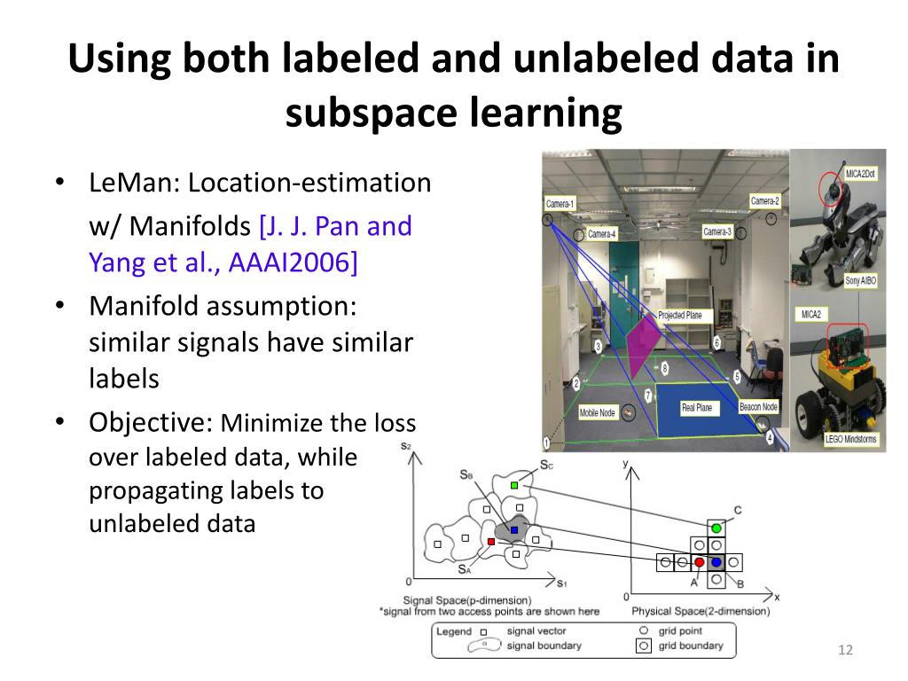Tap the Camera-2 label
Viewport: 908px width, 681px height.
click(764, 201)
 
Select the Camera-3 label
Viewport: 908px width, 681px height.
click(716, 231)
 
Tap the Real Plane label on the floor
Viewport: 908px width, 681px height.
click(698, 408)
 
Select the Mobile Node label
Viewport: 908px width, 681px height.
click(598, 413)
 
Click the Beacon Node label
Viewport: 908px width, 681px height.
click(758, 407)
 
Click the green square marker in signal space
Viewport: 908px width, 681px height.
click(514, 485)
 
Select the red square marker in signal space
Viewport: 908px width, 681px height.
click(491, 541)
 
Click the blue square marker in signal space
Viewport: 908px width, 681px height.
click(514, 529)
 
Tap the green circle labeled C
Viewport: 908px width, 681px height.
click(716, 528)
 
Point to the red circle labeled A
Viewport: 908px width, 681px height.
click(699, 562)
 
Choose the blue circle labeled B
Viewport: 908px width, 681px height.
click(716, 562)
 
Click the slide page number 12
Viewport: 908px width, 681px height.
click(844, 652)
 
